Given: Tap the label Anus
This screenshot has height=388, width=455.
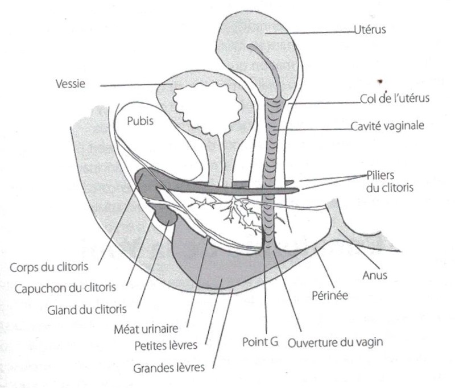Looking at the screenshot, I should point(374,275).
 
